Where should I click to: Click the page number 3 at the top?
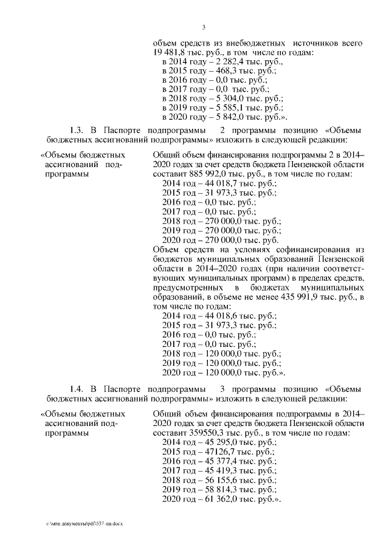point(204,27)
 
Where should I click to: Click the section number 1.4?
point(76,388)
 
